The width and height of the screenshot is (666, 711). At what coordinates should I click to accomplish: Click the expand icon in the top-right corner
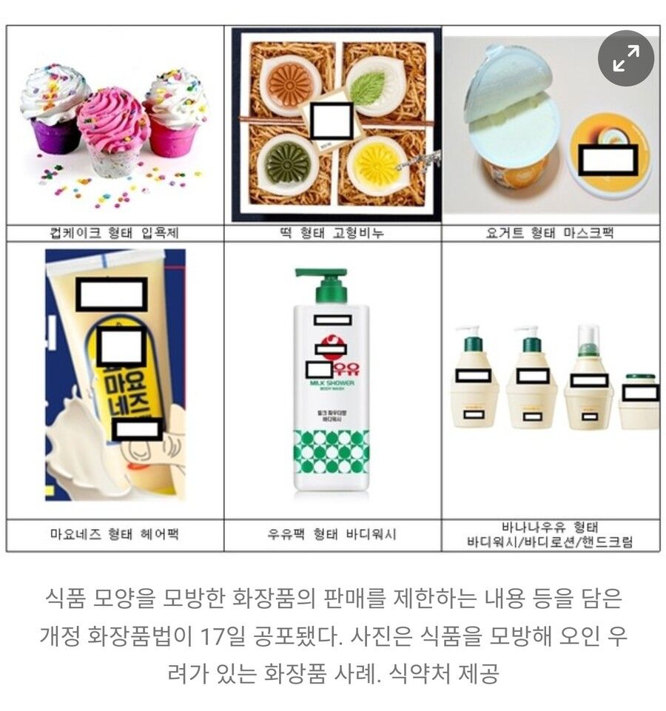pyautogui.click(x=626, y=58)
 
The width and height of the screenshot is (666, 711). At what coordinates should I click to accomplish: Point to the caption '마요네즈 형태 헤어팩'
pyautogui.click(x=115, y=535)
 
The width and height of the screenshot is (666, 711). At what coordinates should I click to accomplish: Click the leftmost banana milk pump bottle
pyautogui.click(x=474, y=379)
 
